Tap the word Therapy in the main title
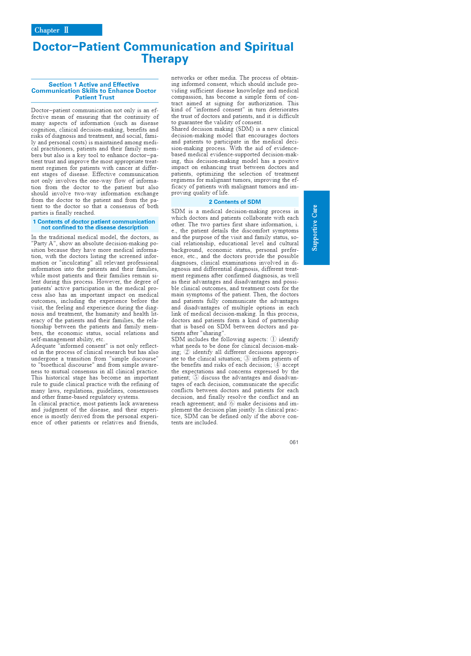(165, 59)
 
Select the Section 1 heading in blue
(94, 91)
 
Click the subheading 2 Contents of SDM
(235, 202)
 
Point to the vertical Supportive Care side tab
(316, 227)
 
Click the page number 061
(294, 442)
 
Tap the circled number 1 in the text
(273, 339)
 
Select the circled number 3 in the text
(247, 359)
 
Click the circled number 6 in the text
(232, 403)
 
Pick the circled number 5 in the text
(196, 378)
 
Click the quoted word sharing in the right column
(212, 333)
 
